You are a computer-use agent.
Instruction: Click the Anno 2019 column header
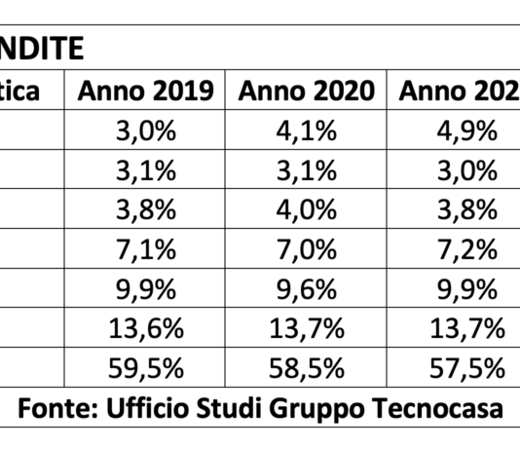[x=146, y=93]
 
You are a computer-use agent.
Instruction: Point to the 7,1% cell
[x=146, y=250]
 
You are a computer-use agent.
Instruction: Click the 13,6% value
[x=146, y=329]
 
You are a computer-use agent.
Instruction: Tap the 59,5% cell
[x=146, y=369]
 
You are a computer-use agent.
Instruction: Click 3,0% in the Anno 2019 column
[x=146, y=131]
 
